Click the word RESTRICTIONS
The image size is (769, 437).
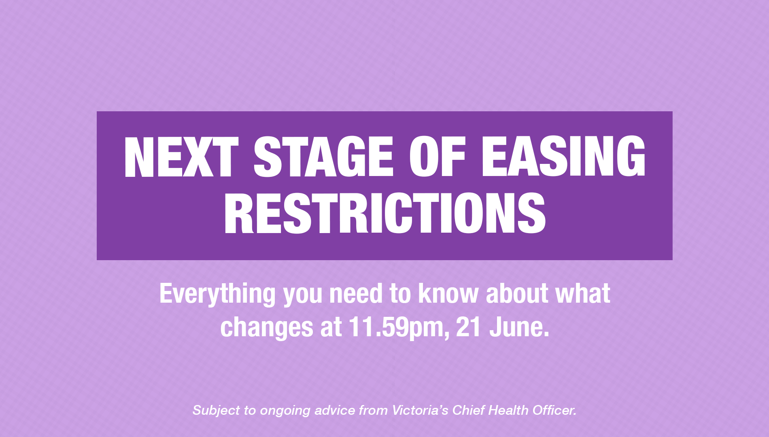[x=384, y=213]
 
